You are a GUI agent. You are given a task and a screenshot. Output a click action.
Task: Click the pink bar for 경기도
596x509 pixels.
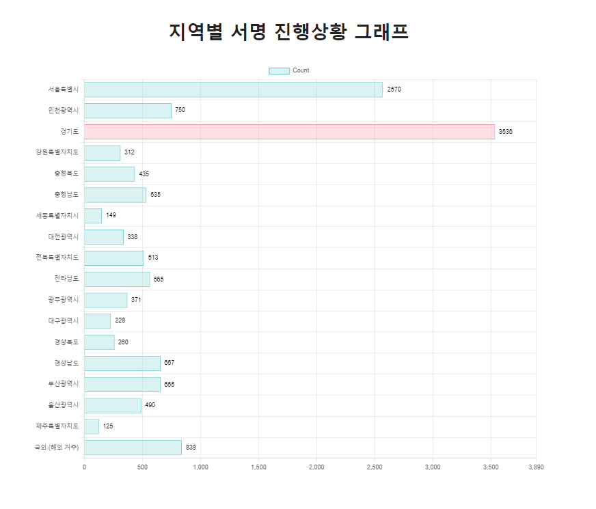coord(289,132)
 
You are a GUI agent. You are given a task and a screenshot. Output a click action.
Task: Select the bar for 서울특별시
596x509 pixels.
coord(233,90)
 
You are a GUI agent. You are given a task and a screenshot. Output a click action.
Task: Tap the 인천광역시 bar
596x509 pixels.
coord(128,111)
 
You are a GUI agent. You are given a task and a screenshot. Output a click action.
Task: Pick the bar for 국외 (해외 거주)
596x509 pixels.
coord(133,448)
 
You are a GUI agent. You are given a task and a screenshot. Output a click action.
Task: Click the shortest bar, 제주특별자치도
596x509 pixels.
coord(92,426)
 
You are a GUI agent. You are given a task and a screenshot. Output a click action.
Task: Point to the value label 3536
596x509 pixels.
coord(505,132)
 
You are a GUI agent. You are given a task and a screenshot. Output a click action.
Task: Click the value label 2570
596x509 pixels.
coord(394,90)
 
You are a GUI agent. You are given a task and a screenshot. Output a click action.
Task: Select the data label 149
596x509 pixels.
coord(111,215)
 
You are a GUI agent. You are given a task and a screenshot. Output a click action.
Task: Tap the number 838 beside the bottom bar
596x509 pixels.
coord(191,448)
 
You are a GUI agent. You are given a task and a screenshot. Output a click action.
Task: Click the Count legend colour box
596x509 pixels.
coord(279,70)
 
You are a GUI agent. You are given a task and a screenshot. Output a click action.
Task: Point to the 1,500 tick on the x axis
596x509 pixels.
coord(258,467)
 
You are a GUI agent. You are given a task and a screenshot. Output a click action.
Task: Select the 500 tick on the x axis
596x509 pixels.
coord(142,467)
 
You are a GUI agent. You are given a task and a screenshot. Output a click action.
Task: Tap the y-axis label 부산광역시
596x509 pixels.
coord(63,384)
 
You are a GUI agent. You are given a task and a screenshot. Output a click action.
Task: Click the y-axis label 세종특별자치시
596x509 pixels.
coord(57,216)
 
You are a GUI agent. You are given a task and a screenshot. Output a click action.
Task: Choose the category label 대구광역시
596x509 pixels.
coord(63,320)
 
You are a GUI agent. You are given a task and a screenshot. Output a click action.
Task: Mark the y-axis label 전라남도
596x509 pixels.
coord(66,279)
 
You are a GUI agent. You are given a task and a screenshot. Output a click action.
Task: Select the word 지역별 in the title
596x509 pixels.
coord(195,32)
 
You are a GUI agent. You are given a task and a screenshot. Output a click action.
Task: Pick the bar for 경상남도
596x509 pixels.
coord(122,363)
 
